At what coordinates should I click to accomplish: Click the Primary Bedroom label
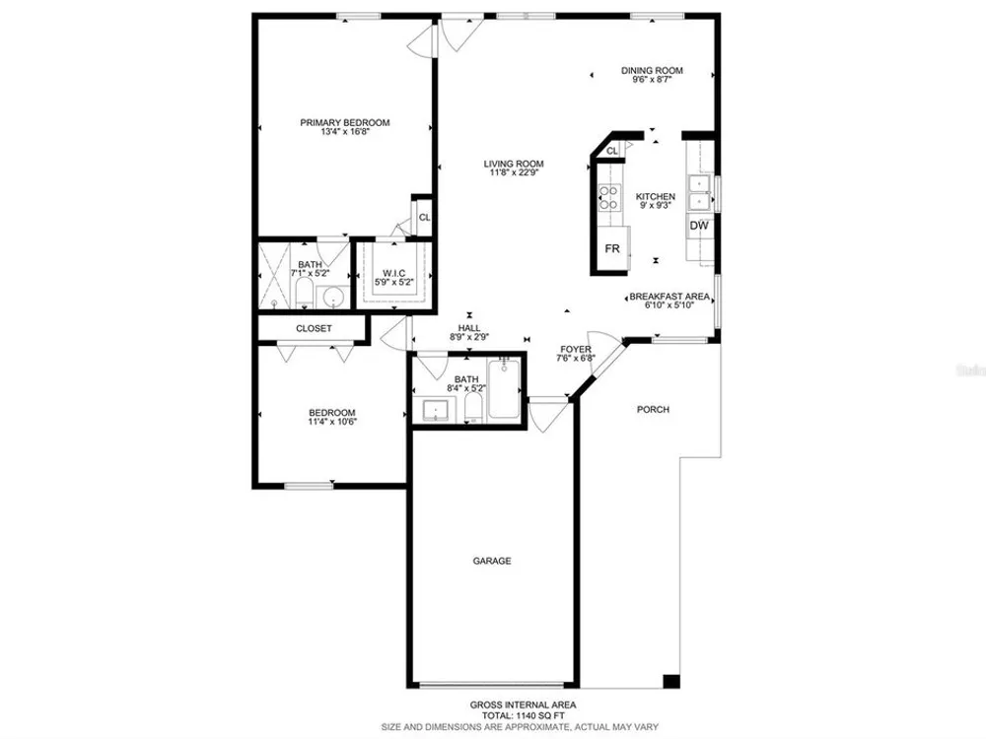click(x=344, y=122)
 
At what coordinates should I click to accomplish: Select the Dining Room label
click(x=652, y=70)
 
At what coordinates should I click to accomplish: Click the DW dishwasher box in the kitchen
click(x=699, y=226)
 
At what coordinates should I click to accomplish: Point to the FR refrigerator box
click(x=612, y=249)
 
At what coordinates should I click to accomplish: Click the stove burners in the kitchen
click(x=608, y=197)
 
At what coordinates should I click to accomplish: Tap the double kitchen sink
click(x=700, y=193)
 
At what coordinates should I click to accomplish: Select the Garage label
click(x=492, y=561)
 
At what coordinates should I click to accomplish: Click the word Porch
click(x=653, y=409)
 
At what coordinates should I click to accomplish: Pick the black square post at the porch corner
click(x=671, y=681)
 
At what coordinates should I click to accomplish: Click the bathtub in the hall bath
click(x=504, y=389)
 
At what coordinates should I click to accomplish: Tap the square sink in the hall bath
click(x=435, y=410)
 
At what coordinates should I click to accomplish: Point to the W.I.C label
click(x=393, y=273)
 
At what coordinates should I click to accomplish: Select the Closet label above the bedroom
click(x=314, y=329)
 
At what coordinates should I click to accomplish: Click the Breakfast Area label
click(x=669, y=297)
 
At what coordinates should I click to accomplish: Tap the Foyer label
click(x=576, y=350)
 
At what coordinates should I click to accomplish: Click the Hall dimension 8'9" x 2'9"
click(x=469, y=337)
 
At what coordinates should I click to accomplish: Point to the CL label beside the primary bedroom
click(x=424, y=218)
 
